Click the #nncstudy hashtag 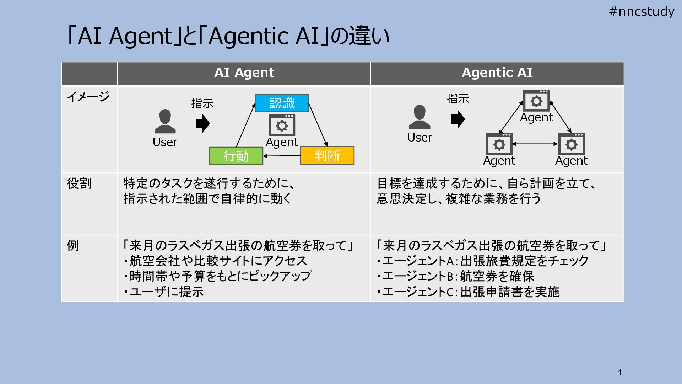point(642,12)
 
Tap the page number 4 point(619,372)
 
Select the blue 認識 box point(282,103)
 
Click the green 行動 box point(236,156)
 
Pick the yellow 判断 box point(327,156)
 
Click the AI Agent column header point(244,73)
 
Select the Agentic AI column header point(497,73)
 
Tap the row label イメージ point(88,96)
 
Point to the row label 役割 point(79,183)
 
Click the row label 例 point(73,245)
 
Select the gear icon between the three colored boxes point(282,125)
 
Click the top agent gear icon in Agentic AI point(536,101)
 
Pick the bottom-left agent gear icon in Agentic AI point(499,144)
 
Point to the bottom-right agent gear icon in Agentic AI point(571,144)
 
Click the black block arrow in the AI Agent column point(203,123)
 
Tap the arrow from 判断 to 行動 point(282,156)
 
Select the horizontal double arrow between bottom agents point(535,144)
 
